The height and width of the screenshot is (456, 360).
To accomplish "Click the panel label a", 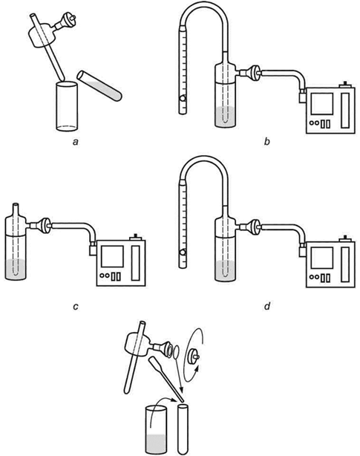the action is pos(76,142).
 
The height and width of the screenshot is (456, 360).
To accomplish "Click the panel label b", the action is pos(267,142).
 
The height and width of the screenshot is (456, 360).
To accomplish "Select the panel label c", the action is pos(76,307).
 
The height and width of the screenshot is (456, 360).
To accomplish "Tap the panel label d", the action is pos(267,306).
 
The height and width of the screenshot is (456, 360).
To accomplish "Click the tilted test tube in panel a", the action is pos(99,86).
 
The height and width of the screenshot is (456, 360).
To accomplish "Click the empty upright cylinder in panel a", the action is pos(67,106).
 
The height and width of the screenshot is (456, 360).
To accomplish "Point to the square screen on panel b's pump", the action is pos(322,104).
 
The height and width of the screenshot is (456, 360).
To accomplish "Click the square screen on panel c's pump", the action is pos(112,256).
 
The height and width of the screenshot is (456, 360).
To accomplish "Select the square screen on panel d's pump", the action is pos(322,258).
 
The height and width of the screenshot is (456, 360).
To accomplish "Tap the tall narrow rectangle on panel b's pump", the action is pos(345,111).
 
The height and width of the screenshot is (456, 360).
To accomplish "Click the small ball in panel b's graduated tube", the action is pos(183,99).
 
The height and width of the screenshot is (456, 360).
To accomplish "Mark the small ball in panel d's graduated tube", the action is pos(183,253).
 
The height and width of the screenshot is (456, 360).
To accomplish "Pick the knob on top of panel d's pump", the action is pos(345,238).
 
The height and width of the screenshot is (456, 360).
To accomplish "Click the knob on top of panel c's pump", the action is pos(136,236).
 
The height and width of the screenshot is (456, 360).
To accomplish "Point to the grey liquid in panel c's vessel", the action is pos(16,269).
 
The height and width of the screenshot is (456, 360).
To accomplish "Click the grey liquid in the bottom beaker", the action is pos(156,444).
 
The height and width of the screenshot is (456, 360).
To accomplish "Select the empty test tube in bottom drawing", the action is pos(183,429).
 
